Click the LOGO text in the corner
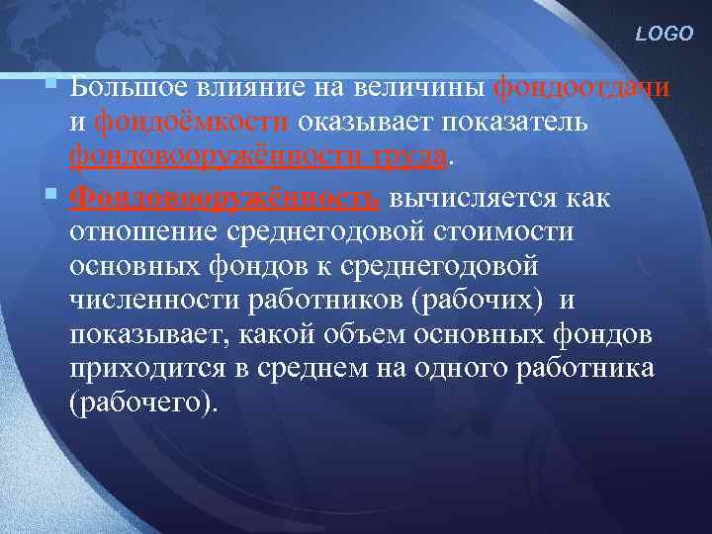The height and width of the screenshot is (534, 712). click(666, 34)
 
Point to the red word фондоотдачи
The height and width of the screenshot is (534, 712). click(581, 87)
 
